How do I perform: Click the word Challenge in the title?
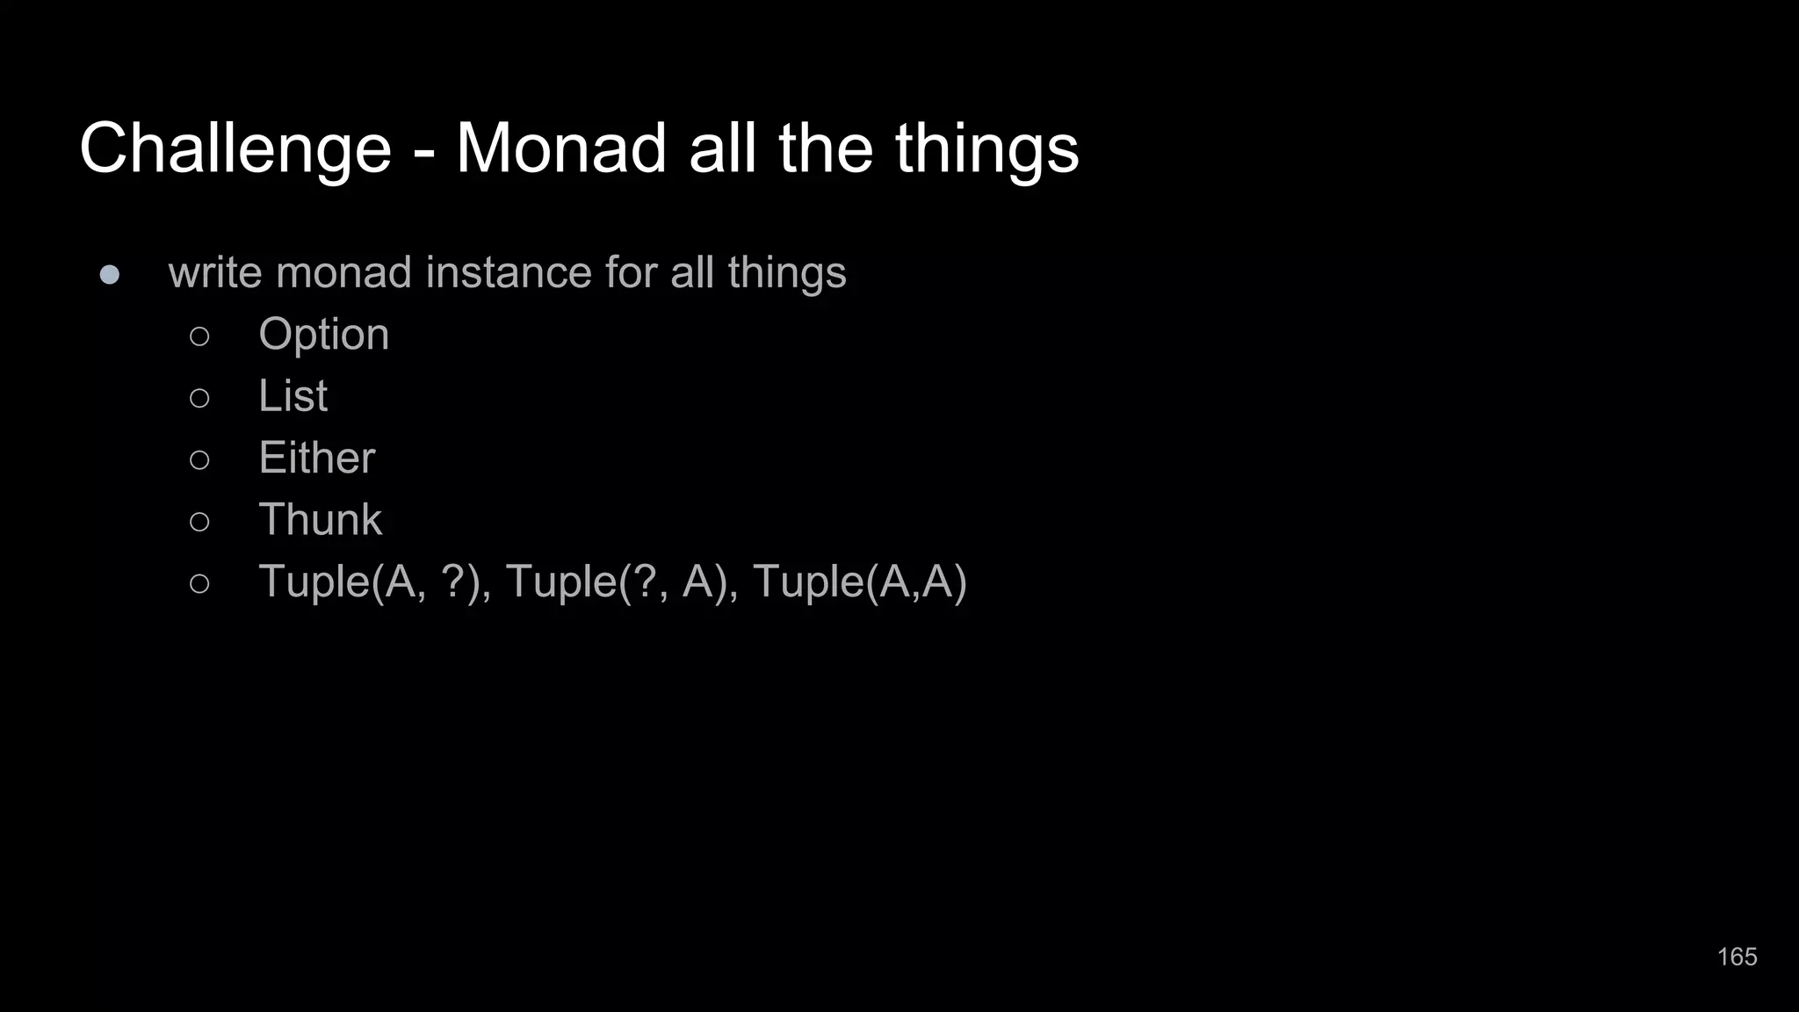tap(235, 148)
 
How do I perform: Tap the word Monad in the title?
tap(560, 148)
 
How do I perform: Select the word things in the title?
tap(986, 148)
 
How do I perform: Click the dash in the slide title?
tap(423, 151)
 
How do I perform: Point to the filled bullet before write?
tap(110, 275)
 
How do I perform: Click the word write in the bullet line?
tap(215, 272)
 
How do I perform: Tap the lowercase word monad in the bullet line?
tap(343, 272)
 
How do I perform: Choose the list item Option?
tap(323, 335)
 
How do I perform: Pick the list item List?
tap(293, 396)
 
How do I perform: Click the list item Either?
tap(316, 458)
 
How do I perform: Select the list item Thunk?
tap(320, 519)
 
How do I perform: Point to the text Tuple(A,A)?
tap(859, 582)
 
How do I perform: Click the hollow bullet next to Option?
tap(199, 336)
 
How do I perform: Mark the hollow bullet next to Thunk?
tap(199, 522)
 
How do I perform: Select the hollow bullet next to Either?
tap(199, 459)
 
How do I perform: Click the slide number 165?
tap(1737, 957)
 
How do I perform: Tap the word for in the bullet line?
tap(631, 272)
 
